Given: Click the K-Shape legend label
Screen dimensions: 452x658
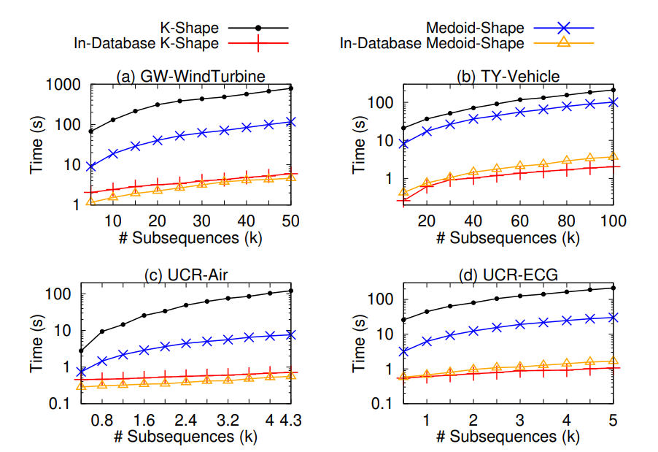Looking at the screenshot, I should [191, 28].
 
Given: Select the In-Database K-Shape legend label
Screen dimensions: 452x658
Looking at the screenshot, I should [146, 43].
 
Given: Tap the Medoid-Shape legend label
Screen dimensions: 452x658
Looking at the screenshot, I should [475, 28].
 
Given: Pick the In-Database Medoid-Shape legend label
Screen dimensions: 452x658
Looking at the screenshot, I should [432, 43].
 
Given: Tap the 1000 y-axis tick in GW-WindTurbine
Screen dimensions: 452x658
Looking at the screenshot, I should [63, 85].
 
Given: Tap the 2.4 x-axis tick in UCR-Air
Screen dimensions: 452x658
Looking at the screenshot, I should [186, 421].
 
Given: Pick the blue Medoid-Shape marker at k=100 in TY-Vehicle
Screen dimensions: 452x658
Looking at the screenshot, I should [614, 102].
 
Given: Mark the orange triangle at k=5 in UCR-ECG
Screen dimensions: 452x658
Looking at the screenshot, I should [614, 361].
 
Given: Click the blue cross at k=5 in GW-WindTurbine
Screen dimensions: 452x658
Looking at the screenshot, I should [90, 166].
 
